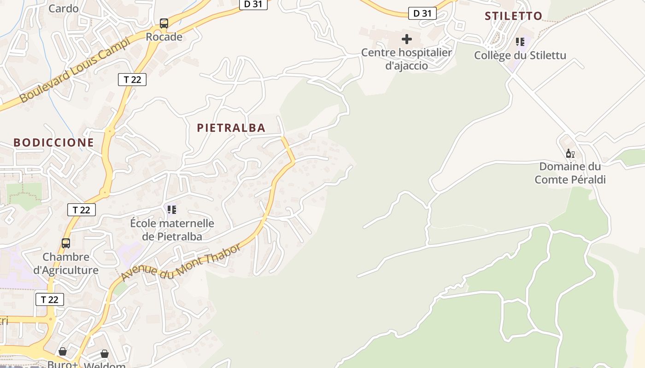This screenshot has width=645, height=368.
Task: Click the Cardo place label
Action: pyautogui.click(x=64, y=8)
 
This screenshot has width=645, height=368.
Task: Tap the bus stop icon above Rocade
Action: pyautogui.click(x=164, y=23)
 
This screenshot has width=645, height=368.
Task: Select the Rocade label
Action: pyautogui.click(x=164, y=37)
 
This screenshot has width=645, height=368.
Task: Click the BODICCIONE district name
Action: pyautogui.click(x=53, y=143)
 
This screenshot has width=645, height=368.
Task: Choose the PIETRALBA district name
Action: pyautogui.click(x=231, y=128)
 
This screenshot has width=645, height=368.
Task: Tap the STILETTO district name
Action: pyautogui.click(x=513, y=16)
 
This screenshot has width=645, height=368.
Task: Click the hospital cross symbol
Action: pyautogui.click(x=407, y=39)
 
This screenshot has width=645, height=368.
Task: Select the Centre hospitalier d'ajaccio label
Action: pyautogui.click(x=406, y=59)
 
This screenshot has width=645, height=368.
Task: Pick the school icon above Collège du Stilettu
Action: pyautogui.click(x=520, y=42)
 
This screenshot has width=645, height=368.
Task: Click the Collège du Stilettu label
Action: pyautogui.click(x=520, y=56)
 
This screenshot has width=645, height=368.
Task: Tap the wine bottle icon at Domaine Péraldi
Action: pyautogui.click(x=570, y=154)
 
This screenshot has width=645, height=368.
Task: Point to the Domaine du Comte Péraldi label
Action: pyautogui.click(x=570, y=173)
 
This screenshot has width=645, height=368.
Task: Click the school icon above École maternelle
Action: pyautogui.click(x=172, y=210)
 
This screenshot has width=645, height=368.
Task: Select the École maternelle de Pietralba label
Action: pyautogui.click(x=172, y=230)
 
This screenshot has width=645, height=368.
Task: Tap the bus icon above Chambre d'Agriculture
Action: pyautogui.click(x=66, y=243)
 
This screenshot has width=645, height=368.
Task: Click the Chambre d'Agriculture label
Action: pyautogui.click(x=66, y=263)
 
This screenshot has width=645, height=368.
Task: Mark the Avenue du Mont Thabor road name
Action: pyautogui.click(x=181, y=263)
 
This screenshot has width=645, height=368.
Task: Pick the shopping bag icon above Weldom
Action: pyautogui.click(x=105, y=353)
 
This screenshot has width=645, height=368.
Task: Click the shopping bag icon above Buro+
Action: pyautogui.click(x=63, y=351)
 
